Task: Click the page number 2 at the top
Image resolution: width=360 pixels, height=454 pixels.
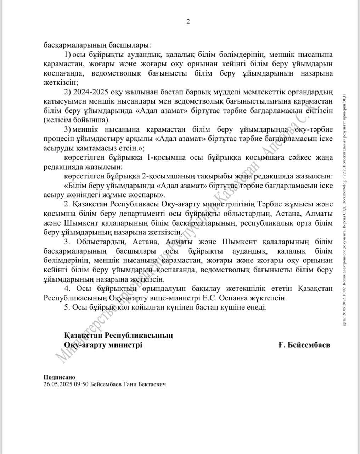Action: point(188,22)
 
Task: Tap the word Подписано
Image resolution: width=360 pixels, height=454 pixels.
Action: point(60,378)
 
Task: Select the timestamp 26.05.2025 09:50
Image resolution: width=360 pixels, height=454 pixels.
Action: point(66,384)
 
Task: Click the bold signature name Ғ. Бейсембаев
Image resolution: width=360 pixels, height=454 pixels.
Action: point(304,345)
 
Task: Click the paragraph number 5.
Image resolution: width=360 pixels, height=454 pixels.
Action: point(67,307)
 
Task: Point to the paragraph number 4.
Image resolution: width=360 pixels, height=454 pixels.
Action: point(67,289)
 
